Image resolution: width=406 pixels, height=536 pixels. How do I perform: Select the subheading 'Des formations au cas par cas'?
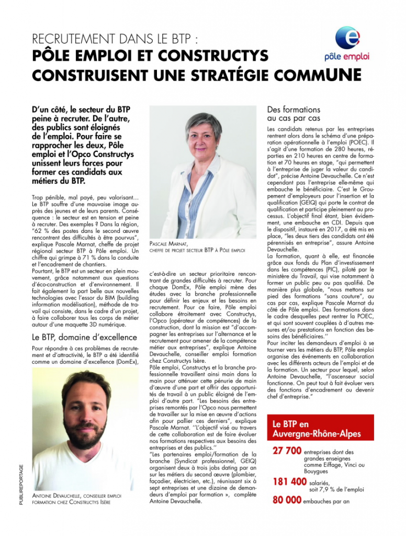coord(294,114)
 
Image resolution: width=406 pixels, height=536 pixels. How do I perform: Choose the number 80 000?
coord(287,500)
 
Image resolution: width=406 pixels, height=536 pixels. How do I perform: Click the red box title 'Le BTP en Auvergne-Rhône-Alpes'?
coord(306,429)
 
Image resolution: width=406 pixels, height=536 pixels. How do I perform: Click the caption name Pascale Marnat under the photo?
coord(167,244)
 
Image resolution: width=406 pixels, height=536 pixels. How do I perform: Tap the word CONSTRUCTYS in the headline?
coord(212,56)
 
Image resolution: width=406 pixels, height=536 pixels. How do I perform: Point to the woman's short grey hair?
coord(201,118)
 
